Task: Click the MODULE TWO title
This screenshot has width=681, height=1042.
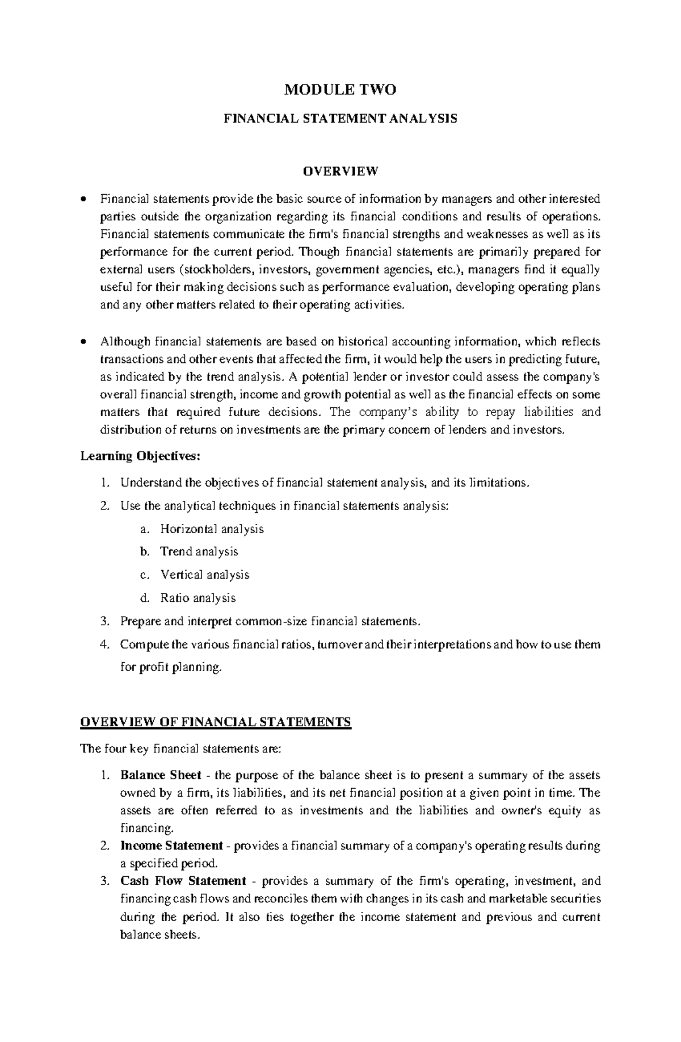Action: (340, 90)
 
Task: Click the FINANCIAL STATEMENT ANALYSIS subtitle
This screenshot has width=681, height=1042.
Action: (340, 119)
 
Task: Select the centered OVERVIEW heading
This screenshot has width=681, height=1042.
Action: (340, 170)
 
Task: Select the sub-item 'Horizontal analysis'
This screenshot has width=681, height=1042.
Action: (212, 529)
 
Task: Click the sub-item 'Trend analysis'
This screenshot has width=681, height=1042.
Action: (199, 552)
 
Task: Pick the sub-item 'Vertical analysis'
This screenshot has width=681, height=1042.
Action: (204, 575)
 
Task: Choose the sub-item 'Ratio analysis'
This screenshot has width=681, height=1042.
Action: (197, 598)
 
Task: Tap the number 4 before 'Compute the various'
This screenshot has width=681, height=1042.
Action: (103, 645)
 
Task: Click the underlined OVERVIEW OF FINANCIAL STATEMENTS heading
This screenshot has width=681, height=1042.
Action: (216, 722)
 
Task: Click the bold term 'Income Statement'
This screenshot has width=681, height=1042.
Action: (171, 846)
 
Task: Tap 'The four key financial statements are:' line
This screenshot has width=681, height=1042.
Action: (180, 749)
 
